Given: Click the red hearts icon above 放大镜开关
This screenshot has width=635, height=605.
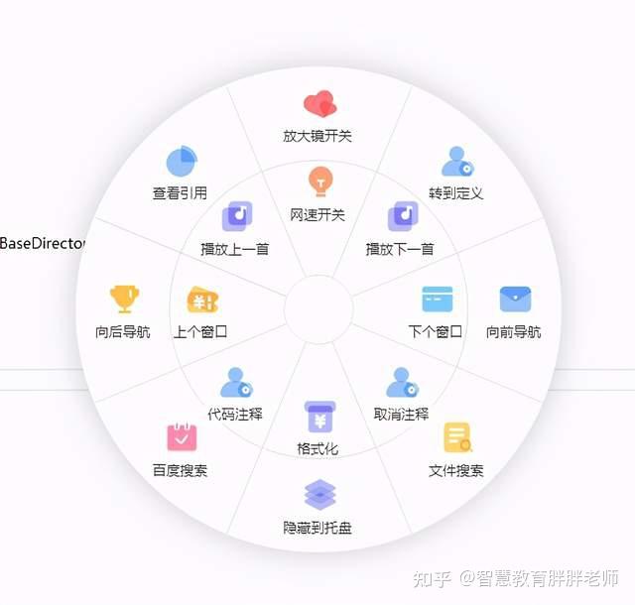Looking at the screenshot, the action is click(x=319, y=104).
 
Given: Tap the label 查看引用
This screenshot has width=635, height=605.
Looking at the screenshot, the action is click(x=180, y=193).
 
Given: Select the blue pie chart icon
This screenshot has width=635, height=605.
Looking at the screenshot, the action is click(x=182, y=162).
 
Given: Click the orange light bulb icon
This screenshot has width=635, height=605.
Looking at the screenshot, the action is click(x=320, y=181).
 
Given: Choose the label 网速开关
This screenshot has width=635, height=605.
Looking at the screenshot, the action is click(x=317, y=215).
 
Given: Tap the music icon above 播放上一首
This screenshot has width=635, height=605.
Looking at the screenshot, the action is click(x=237, y=216).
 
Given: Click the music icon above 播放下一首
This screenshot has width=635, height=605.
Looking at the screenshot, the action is click(x=403, y=216).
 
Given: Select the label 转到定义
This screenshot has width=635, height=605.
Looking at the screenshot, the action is click(x=456, y=193).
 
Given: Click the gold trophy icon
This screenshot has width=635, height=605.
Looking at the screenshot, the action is click(x=124, y=300).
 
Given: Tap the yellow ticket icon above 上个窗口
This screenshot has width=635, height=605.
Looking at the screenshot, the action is click(x=202, y=301).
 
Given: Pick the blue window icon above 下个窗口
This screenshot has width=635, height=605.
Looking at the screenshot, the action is click(x=438, y=300).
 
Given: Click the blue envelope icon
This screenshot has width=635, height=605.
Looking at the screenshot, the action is click(x=515, y=300).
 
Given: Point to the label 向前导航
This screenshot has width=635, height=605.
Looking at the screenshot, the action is click(x=514, y=332).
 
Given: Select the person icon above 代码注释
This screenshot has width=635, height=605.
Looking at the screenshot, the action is click(x=236, y=383).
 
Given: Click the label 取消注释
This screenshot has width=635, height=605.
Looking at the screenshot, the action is click(x=401, y=415).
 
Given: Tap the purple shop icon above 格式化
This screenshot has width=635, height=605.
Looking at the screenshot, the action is click(x=319, y=417).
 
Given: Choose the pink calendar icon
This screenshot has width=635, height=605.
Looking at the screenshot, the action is click(x=182, y=437).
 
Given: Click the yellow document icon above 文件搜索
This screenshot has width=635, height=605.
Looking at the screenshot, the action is click(x=458, y=437).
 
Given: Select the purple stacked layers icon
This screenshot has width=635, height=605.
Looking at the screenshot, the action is click(x=319, y=495).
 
